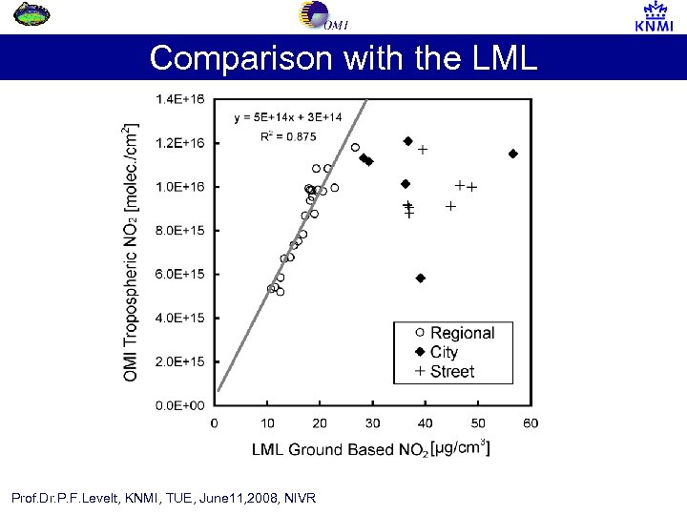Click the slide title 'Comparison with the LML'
(x=343, y=58)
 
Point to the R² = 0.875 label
(x=288, y=136)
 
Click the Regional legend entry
(x=462, y=333)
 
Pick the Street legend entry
(x=451, y=371)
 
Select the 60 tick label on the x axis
(x=531, y=423)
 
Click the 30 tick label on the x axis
(x=372, y=423)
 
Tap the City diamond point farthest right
(x=513, y=154)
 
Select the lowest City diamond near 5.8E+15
(x=421, y=278)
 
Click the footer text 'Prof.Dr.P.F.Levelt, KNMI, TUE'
(x=163, y=498)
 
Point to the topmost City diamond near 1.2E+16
(x=408, y=141)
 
